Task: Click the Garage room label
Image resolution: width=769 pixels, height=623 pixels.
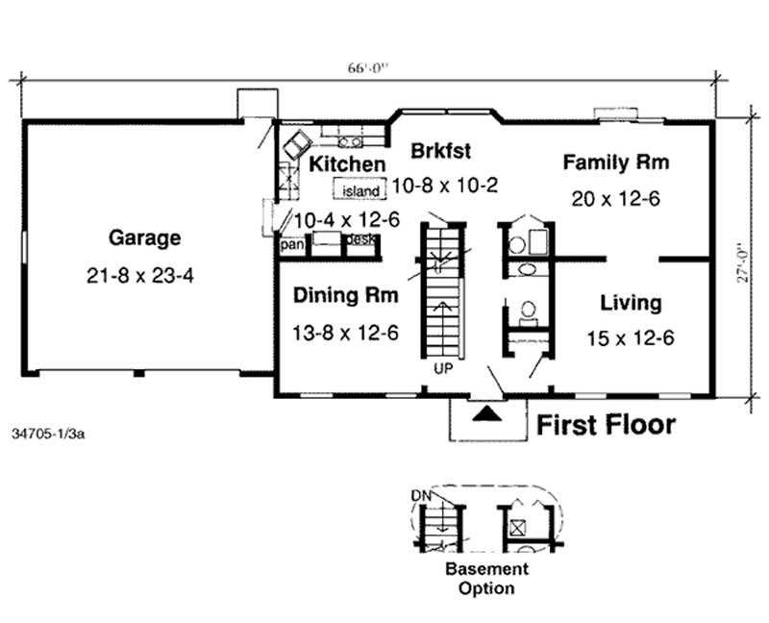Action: (x=144, y=237)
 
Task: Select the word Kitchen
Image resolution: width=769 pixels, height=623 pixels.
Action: (x=347, y=164)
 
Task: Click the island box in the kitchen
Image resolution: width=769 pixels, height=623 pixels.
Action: (x=360, y=190)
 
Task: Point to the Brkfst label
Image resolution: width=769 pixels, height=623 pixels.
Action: (x=441, y=151)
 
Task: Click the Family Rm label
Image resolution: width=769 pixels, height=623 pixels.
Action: (x=615, y=162)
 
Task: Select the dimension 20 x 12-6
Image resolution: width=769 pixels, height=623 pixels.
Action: (x=615, y=200)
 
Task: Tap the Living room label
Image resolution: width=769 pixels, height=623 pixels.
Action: (x=631, y=304)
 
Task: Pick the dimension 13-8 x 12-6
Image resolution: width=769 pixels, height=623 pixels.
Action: (x=345, y=333)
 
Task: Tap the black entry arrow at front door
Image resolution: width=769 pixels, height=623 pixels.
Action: (x=488, y=413)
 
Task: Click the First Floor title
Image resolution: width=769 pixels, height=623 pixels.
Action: (x=605, y=424)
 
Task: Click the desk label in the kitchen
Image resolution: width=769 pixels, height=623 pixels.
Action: (x=360, y=238)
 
